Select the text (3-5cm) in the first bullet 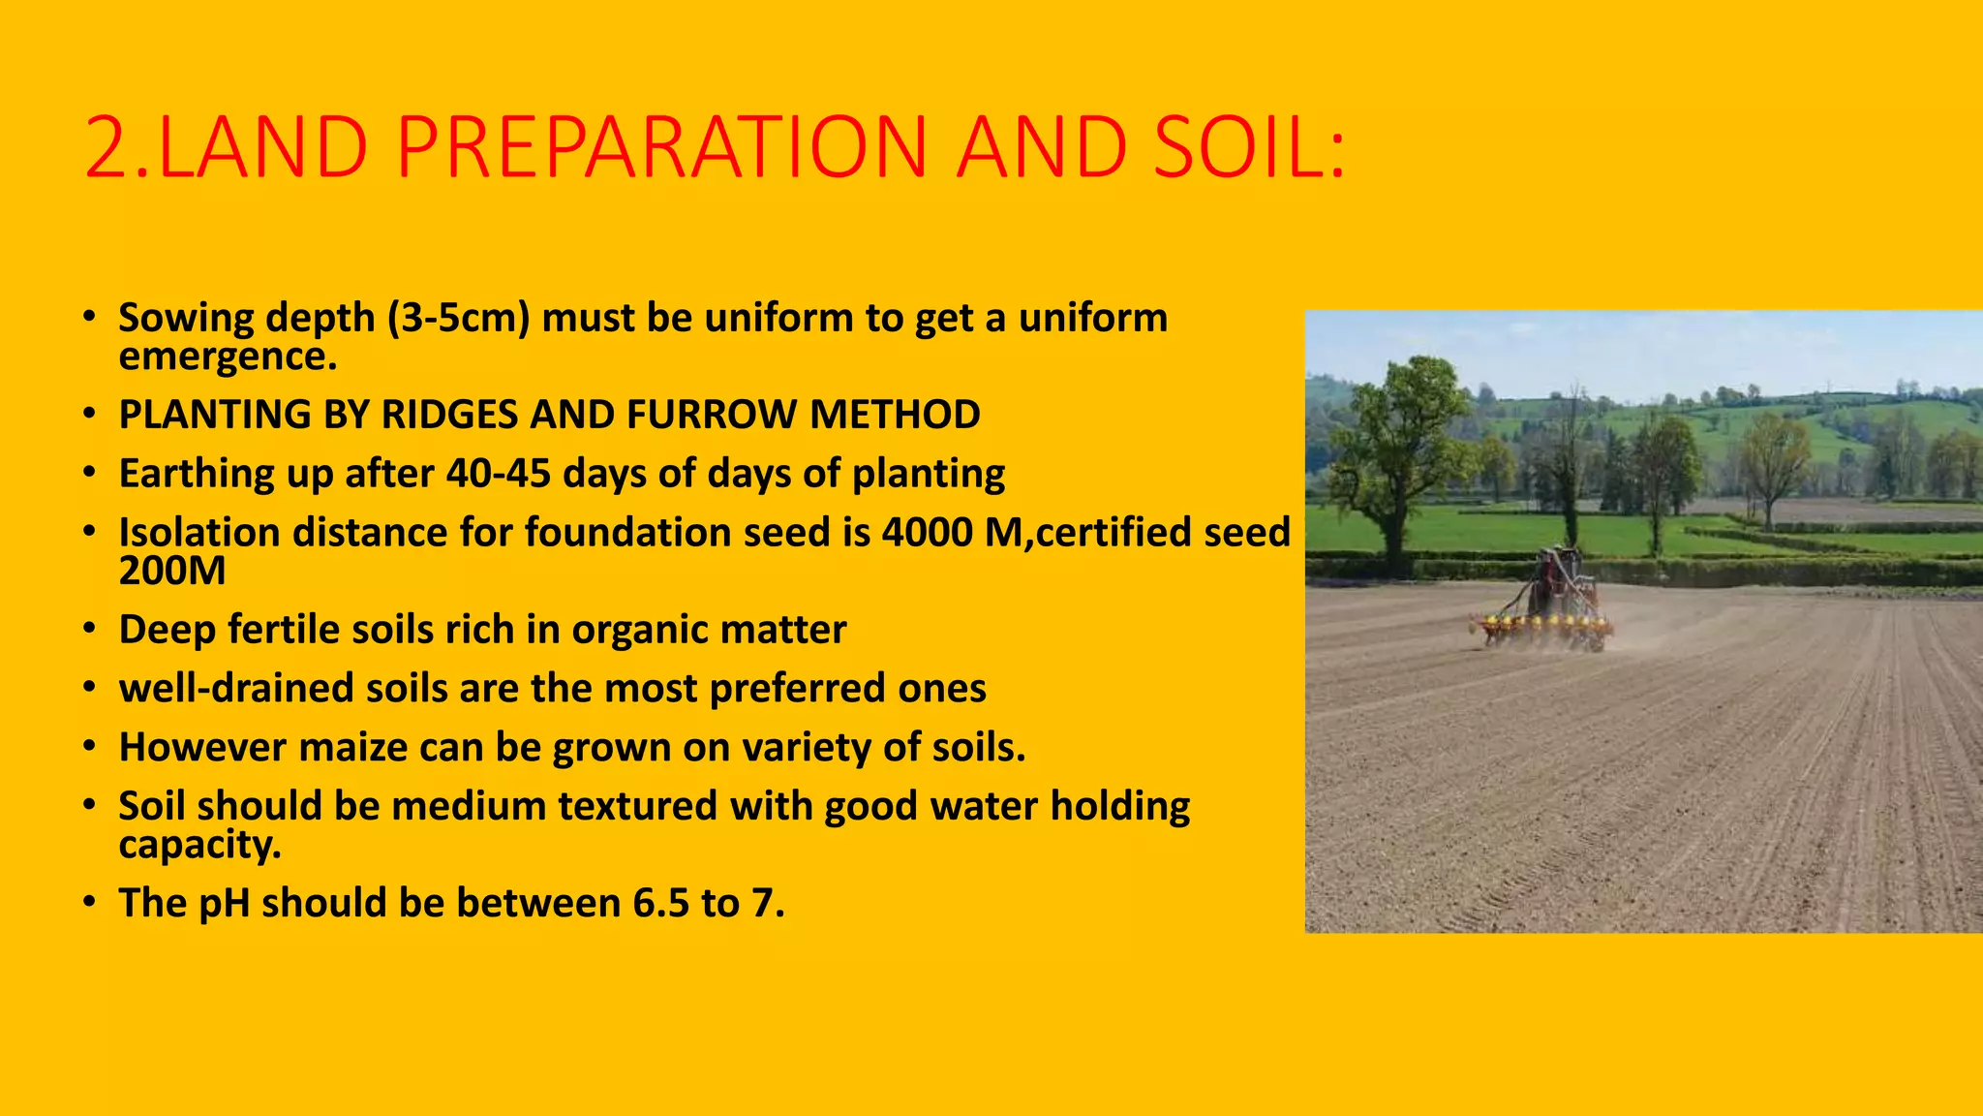(458, 318)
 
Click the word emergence (227, 356)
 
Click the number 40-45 (499, 474)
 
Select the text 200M (171, 572)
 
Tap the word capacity (198, 846)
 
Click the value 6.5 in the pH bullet (660, 904)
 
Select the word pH (224, 904)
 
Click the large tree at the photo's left (1394, 446)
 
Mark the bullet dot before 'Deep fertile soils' (89, 629)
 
